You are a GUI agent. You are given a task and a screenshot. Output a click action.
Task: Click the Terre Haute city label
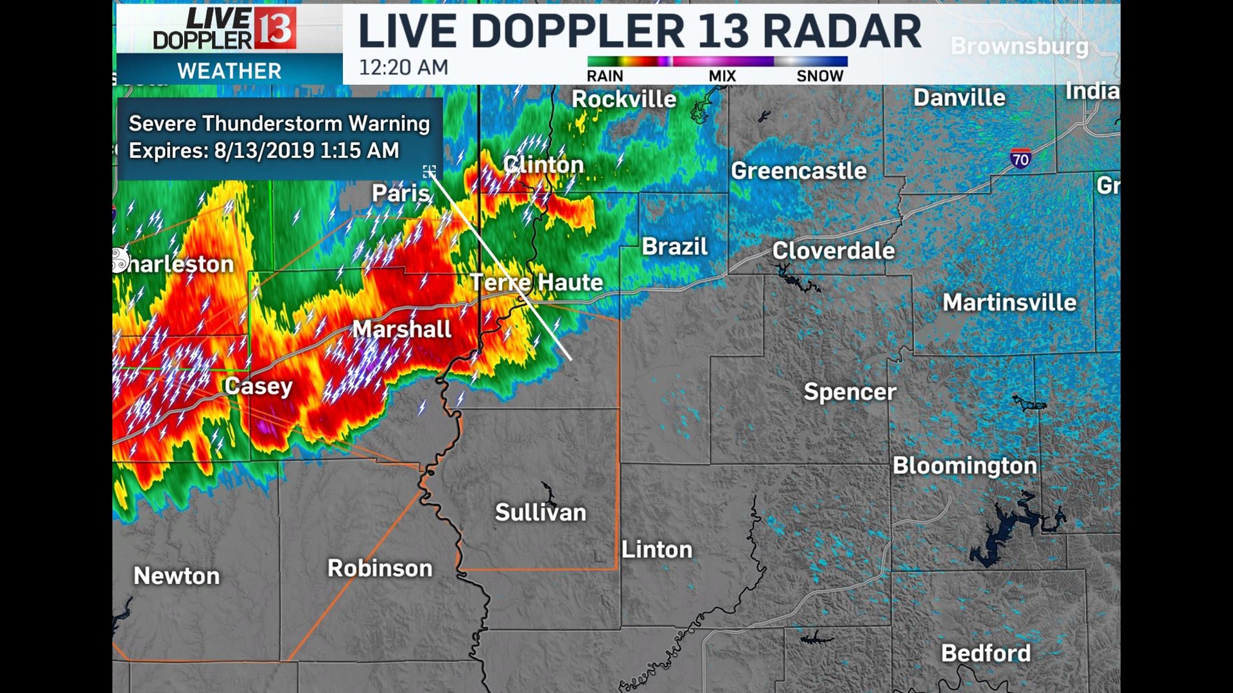(536, 282)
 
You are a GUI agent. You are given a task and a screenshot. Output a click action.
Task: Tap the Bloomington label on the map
(965, 466)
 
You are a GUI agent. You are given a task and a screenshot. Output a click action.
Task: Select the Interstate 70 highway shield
(1020, 158)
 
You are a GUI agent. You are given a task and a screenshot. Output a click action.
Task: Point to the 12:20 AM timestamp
(403, 67)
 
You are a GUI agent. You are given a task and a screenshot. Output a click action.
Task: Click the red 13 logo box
(275, 29)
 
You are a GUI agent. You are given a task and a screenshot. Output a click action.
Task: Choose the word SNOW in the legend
(819, 76)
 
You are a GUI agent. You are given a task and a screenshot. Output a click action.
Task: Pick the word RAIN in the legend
(605, 76)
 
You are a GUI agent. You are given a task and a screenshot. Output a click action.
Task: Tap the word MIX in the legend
(722, 76)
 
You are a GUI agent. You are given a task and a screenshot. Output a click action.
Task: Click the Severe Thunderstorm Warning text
(279, 123)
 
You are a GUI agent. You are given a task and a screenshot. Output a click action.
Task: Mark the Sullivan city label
(541, 513)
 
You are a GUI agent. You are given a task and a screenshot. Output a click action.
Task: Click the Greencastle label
(799, 171)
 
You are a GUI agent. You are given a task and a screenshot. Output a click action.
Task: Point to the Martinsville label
(1009, 302)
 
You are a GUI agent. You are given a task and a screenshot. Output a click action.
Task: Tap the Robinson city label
(380, 569)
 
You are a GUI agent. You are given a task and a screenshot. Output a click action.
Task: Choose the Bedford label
(986, 653)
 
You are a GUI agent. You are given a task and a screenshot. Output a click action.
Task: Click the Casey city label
(258, 386)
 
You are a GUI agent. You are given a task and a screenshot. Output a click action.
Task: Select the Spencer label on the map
(850, 392)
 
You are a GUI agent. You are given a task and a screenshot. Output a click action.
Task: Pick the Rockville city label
(624, 99)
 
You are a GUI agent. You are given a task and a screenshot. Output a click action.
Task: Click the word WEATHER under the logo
(229, 71)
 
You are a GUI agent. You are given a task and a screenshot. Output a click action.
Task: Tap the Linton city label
(657, 550)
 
